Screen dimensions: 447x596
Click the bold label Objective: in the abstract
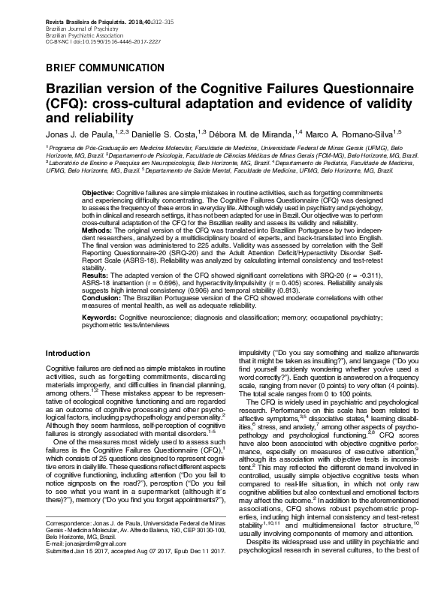(100, 193)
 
